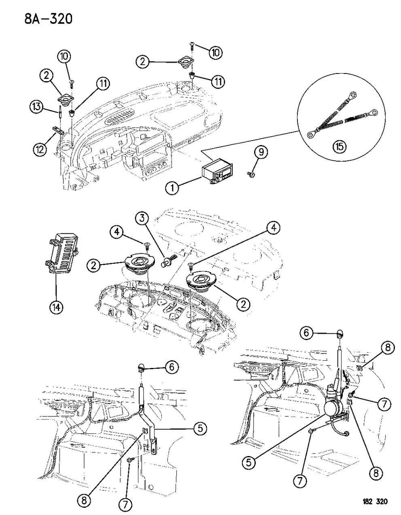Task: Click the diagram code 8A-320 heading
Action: tap(39, 18)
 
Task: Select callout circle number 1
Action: tap(172, 187)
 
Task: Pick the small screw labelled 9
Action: tap(251, 174)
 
